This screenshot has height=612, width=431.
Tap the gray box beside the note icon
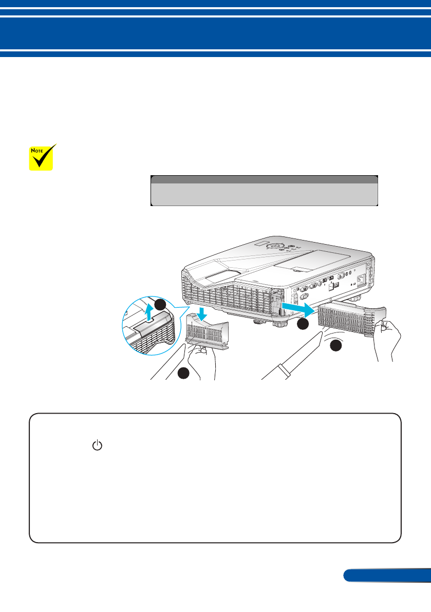[264, 190]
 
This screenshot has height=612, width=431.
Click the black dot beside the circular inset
[160, 304]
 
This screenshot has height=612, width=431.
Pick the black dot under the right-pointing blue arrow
[303, 324]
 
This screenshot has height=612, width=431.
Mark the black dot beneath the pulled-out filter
[335, 346]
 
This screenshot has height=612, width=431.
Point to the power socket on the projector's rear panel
[361, 280]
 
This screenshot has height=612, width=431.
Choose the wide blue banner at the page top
[215, 32]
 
